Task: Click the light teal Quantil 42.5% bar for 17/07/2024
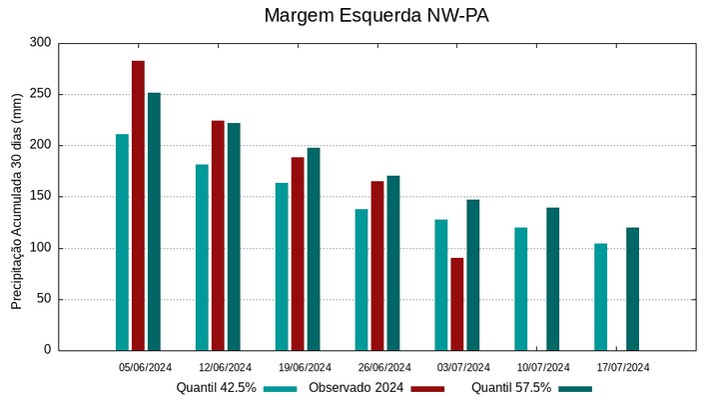coord(600,297)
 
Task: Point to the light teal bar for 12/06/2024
coord(202,257)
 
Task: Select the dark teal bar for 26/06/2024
coord(392,263)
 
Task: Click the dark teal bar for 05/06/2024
coord(154,221)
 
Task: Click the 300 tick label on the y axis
coord(40,43)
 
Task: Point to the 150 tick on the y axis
coord(40,197)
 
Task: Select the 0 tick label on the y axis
coord(46,350)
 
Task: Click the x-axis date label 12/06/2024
coord(225,367)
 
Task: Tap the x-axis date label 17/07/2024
coord(623,367)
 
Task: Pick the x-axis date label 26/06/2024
coord(384,367)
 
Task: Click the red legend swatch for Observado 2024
coord(427,388)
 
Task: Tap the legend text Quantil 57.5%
coord(510,388)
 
